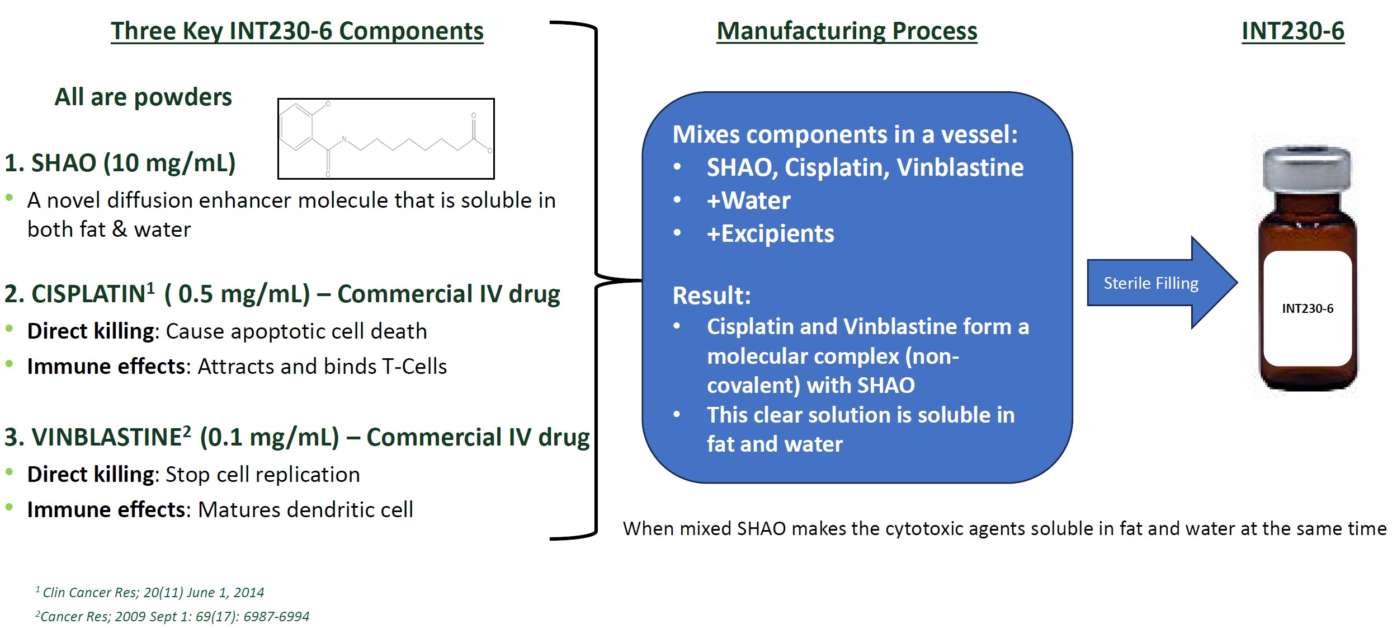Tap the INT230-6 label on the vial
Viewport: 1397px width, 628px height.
[x=1308, y=308]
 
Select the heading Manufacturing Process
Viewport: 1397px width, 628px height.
[x=847, y=31]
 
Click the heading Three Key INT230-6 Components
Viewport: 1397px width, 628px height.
[x=297, y=31]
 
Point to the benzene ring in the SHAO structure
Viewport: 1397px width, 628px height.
[x=296, y=127]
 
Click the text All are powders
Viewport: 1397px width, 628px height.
[x=143, y=97]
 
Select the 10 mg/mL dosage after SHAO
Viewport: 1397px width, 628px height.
[x=169, y=163]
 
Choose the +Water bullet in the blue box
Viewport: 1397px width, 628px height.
[x=748, y=200]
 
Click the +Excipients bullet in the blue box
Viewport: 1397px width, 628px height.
[x=770, y=233]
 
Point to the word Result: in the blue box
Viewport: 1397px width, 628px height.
[x=711, y=296]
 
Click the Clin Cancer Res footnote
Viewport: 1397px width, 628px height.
[x=150, y=592]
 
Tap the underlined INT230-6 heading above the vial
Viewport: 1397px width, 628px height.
[x=1292, y=31]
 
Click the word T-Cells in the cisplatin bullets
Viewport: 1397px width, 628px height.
[x=414, y=367]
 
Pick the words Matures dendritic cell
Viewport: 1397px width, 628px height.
[x=305, y=510]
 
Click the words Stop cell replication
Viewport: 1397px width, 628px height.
[x=263, y=475]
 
